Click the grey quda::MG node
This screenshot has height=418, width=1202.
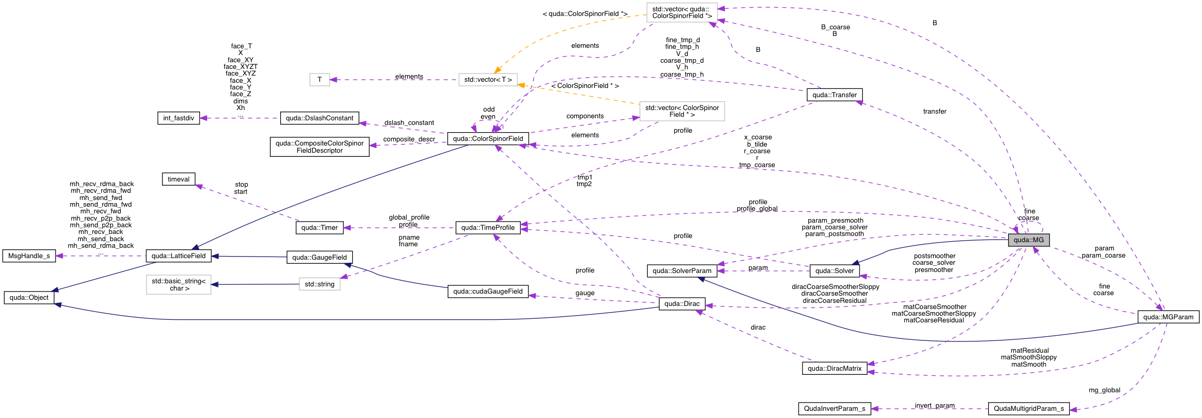point(1028,240)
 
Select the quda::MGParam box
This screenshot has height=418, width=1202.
point(1168,317)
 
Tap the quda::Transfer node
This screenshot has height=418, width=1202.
point(834,95)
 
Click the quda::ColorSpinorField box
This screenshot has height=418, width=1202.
point(487,139)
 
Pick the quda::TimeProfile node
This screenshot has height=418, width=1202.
point(487,228)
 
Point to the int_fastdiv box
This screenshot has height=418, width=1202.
point(178,118)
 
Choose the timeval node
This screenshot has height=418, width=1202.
point(178,179)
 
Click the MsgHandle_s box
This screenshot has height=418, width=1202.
point(29,256)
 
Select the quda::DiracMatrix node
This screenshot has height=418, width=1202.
point(834,369)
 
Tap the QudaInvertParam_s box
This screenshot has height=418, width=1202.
point(834,409)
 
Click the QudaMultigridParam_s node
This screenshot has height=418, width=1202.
point(1028,409)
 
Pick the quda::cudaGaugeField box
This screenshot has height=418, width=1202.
point(487,292)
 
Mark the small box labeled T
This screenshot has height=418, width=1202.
point(319,80)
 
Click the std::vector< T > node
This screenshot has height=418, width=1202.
point(487,80)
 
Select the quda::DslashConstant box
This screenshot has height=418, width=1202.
point(319,118)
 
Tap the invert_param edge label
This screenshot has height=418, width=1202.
point(934,406)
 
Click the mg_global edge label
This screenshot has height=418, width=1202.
point(1104,390)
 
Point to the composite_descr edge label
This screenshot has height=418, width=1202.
point(409,139)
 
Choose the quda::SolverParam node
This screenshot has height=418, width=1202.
point(682,271)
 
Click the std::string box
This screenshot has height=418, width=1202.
point(319,284)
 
